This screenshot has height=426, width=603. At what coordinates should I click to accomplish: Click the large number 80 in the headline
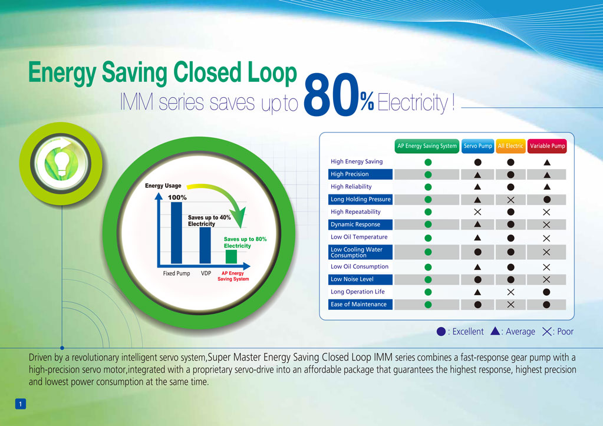[331, 95]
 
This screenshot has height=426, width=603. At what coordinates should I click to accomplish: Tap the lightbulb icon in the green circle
[61, 163]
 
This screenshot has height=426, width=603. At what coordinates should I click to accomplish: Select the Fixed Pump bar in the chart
[176, 233]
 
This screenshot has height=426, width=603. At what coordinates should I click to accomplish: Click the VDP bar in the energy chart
[205, 245]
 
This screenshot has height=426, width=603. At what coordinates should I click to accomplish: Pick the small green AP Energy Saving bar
[231, 257]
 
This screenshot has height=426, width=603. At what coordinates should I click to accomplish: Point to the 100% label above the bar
[177, 197]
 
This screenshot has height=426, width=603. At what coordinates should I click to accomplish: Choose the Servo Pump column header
[477, 146]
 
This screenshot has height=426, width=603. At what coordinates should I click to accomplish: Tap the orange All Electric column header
[510, 146]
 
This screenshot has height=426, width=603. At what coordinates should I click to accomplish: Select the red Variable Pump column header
[547, 146]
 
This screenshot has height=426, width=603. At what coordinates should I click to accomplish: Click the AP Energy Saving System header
[427, 146]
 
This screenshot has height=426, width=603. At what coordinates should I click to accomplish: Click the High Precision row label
[350, 174]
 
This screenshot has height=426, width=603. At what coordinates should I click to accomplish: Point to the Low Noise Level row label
[352, 279]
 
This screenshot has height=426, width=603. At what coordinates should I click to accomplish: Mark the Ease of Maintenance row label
[358, 304]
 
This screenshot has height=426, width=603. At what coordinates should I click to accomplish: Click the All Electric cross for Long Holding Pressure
[510, 200]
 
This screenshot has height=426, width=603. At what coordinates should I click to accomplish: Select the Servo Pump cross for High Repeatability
[477, 212]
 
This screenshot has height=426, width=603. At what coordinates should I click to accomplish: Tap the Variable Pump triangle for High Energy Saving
[547, 162]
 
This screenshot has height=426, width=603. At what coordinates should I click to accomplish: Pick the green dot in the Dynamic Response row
[428, 224]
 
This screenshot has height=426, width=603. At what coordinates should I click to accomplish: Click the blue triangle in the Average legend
[495, 331]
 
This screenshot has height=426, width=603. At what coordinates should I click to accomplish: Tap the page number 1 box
[21, 404]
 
